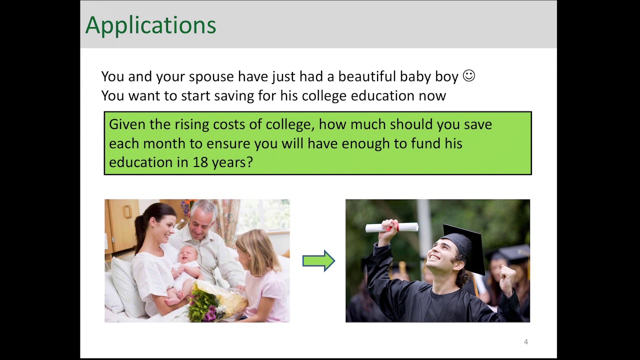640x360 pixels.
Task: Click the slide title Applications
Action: [x=150, y=25]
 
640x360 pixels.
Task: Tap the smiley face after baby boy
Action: [x=468, y=76]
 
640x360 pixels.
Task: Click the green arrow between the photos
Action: [x=318, y=260]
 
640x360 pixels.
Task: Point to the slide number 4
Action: [x=525, y=342]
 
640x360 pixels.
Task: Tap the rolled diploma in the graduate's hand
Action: [x=391, y=227]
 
